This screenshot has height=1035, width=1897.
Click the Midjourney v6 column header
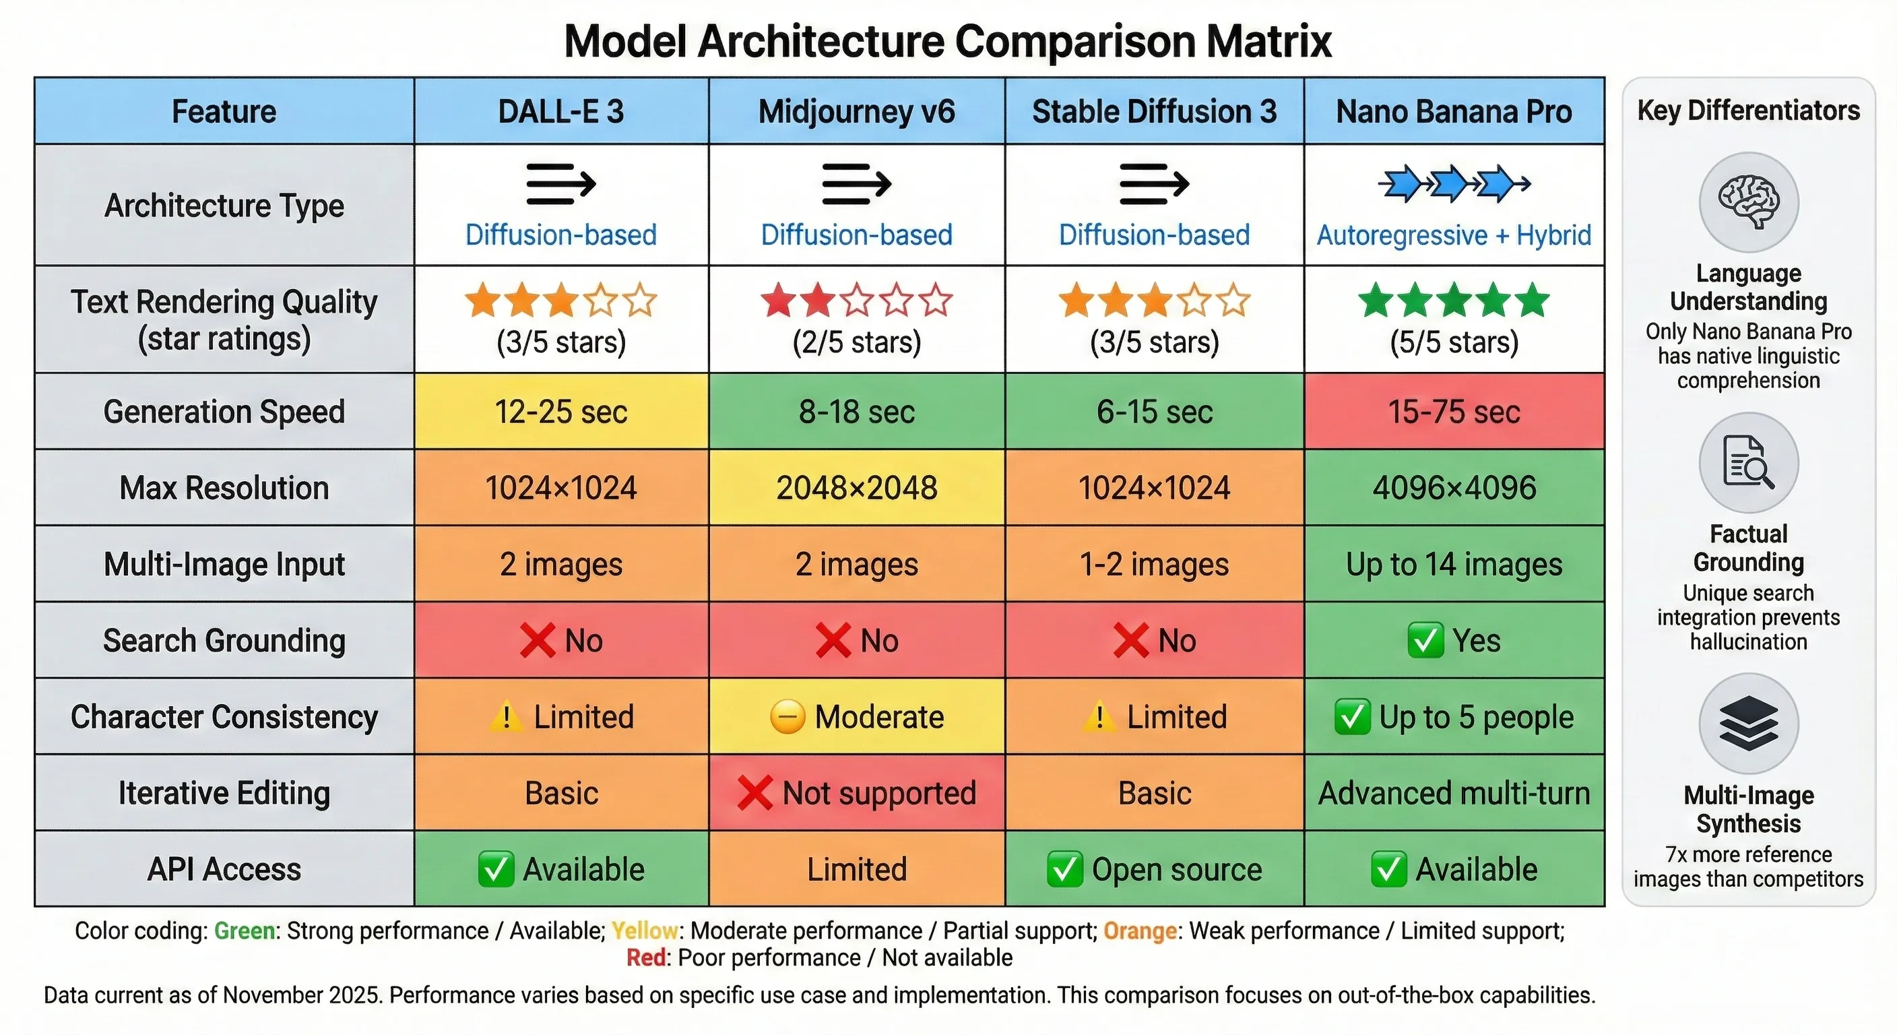pos(856,112)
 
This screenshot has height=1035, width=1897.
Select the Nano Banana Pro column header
pos(1454,112)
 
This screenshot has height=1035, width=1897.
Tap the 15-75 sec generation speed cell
pos(1454,411)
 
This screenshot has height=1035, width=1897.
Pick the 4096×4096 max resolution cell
pos(1454,488)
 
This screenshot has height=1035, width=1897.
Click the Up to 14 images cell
pos(1454,564)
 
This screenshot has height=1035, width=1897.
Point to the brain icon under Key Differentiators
pos(1748,202)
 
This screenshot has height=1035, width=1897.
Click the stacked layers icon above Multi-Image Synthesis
pos(1748,724)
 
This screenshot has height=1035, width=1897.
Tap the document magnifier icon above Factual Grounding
pos(1748,463)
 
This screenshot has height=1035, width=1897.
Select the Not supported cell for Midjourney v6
pos(856,793)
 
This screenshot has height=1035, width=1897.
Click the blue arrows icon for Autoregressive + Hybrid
pos(1454,184)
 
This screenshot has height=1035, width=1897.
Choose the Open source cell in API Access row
pos(1154,869)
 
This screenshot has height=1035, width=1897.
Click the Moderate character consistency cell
pos(856,717)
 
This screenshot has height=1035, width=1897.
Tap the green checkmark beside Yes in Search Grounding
pos(1425,640)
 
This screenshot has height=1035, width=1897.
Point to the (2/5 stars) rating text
pos(856,342)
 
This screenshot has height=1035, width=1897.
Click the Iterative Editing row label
pos(224,793)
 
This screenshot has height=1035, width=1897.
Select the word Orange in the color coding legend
pos(1139,931)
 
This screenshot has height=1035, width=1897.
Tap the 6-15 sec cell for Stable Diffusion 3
pos(1154,411)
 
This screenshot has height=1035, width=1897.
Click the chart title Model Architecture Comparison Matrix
pos(947,41)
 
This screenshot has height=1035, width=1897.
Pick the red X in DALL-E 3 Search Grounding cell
pos(538,640)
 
